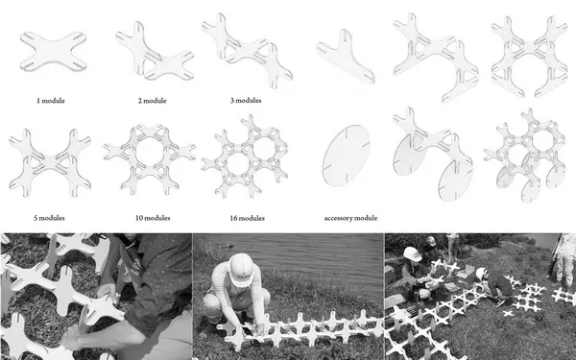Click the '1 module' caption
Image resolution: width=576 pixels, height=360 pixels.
[x=51, y=101]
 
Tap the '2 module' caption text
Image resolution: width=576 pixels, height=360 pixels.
[x=152, y=101]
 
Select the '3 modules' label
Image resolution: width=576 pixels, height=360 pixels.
[x=246, y=100]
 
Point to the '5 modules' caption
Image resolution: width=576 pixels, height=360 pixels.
[x=49, y=218]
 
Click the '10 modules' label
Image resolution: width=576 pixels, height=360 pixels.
[x=153, y=218]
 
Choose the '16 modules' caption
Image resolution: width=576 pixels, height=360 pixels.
[x=248, y=218]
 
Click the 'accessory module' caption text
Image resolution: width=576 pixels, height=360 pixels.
[x=350, y=218]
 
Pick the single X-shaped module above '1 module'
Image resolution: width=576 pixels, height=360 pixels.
[x=53, y=51]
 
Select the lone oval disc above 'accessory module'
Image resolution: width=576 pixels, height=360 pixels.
[x=346, y=156]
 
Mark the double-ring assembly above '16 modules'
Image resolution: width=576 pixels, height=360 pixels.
[x=245, y=156]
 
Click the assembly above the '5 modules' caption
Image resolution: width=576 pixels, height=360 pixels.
[x=50, y=163]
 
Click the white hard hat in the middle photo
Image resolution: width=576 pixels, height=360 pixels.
[x=241, y=269]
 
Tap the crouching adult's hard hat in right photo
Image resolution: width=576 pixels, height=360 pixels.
[x=412, y=253]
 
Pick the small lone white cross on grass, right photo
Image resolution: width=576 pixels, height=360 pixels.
[x=508, y=313]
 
